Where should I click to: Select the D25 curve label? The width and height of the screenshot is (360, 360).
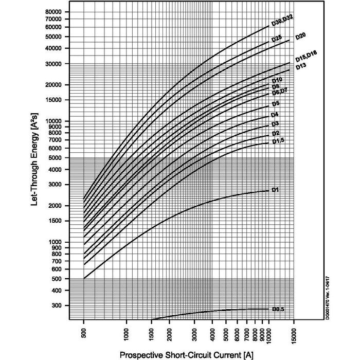pos(277,39)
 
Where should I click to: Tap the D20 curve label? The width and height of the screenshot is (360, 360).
pos(301,36)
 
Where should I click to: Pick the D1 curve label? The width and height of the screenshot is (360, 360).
pos(275,190)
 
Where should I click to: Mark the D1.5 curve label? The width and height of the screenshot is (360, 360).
pos(278,141)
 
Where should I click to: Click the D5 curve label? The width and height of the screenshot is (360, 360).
pos(276,103)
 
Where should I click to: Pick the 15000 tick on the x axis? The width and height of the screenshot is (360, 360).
pos(294,335)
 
